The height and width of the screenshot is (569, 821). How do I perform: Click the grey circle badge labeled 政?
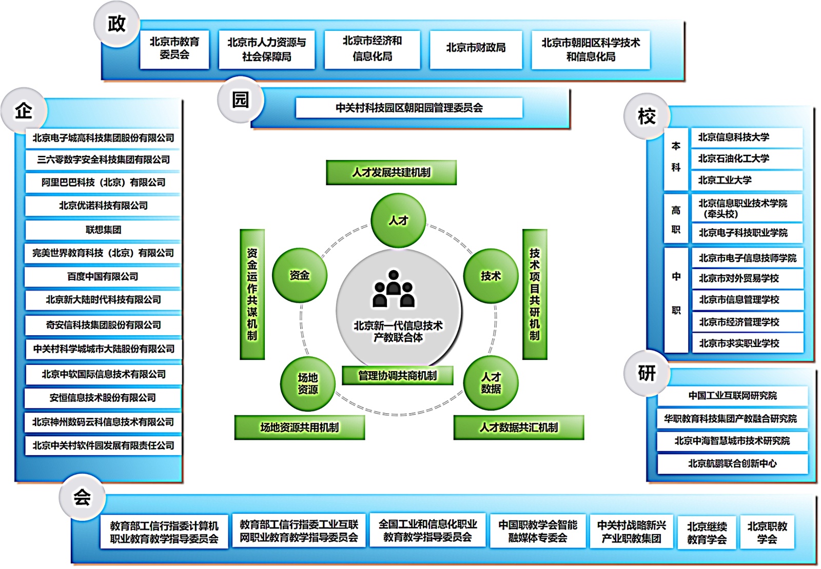click(116, 25)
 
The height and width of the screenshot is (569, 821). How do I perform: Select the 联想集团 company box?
click(103, 230)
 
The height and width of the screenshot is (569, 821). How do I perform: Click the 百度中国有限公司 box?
click(103, 277)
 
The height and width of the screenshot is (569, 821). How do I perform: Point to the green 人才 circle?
click(398, 220)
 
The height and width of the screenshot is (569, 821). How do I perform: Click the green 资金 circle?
click(300, 275)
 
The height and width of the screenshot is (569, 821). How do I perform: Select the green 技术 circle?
click(491, 276)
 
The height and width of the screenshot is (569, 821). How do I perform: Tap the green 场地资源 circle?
click(307, 383)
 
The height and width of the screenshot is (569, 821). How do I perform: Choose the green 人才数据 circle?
click(491, 382)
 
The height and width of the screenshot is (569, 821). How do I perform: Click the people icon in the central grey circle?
click(394, 289)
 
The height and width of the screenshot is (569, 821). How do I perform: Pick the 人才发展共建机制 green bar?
click(391, 172)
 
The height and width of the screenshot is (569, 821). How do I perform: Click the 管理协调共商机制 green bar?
click(397, 375)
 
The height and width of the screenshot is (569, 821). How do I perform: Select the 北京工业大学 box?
click(747, 180)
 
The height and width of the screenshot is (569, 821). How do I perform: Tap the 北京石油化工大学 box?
click(747, 158)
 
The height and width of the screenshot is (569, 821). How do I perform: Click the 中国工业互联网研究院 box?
click(732, 396)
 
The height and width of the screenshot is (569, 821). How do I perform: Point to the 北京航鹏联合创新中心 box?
click(732, 464)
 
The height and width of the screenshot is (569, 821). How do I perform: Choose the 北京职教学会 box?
click(767, 532)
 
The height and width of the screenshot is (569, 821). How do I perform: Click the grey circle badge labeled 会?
click(83, 497)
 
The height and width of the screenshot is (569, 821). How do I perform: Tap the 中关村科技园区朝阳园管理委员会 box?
click(409, 108)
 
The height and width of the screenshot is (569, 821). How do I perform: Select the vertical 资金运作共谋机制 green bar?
click(252, 294)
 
